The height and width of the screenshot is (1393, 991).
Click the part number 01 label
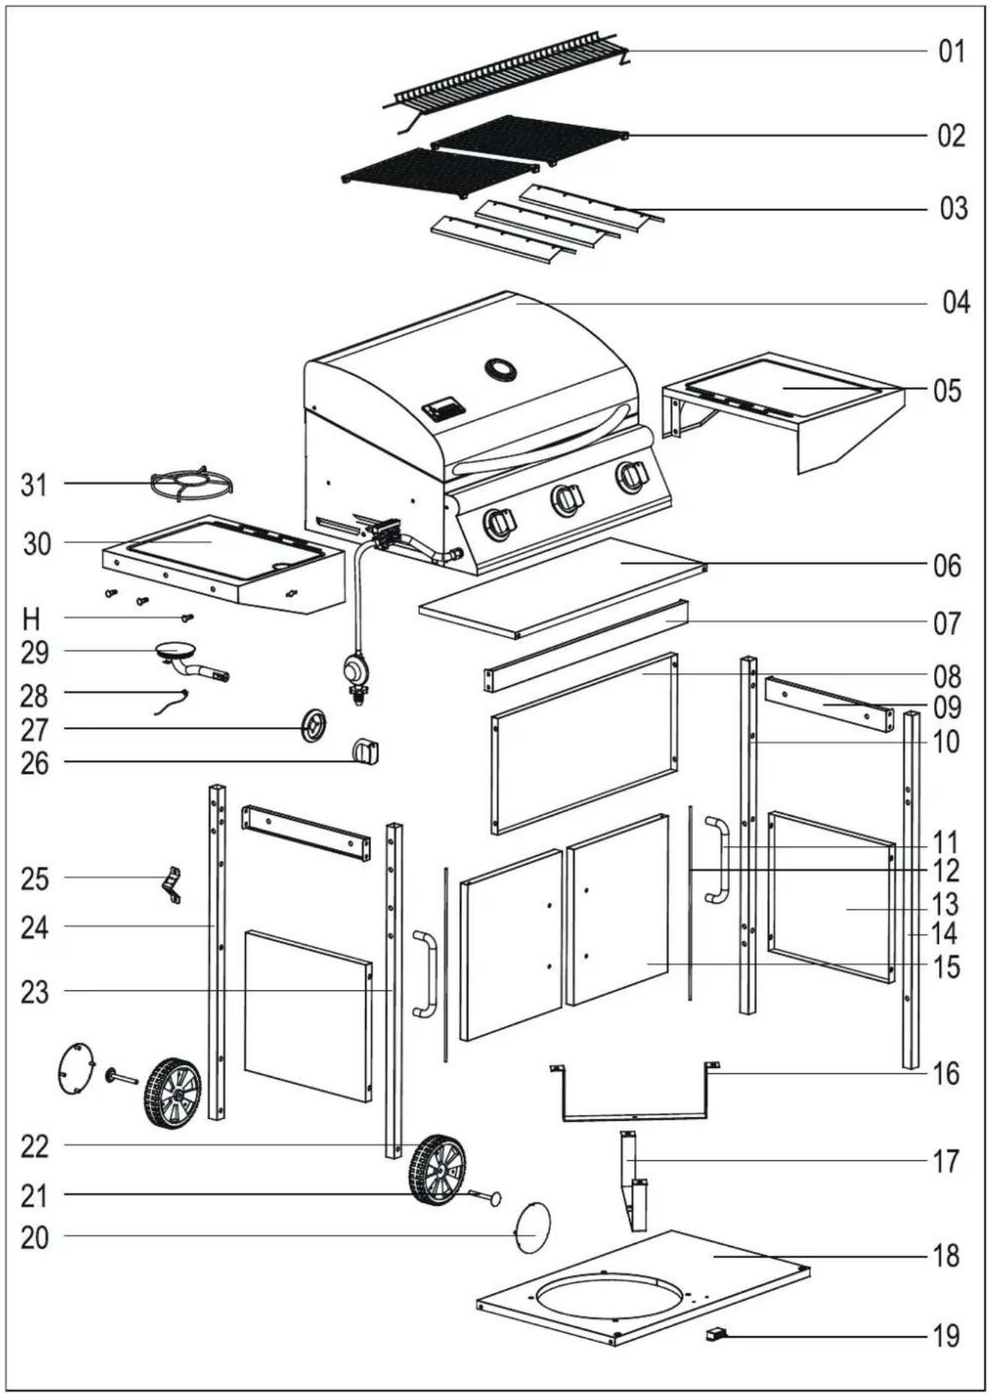click(x=951, y=52)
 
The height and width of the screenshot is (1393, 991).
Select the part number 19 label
click(x=946, y=1335)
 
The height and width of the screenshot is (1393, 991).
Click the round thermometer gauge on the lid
click(x=500, y=369)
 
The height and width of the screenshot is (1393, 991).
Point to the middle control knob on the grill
click(x=566, y=500)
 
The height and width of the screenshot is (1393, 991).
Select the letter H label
click(x=31, y=619)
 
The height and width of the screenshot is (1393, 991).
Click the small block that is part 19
click(x=716, y=1334)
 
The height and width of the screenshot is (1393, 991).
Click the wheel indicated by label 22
click(x=437, y=1171)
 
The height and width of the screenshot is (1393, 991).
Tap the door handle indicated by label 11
click(x=717, y=861)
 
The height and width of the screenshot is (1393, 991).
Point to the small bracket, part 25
click(x=173, y=884)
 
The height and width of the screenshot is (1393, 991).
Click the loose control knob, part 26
click(x=366, y=751)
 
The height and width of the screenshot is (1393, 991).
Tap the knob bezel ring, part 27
click(x=314, y=725)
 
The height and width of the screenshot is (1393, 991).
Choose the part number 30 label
click(x=37, y=544)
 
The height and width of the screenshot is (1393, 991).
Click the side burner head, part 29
click(x=190, y=661)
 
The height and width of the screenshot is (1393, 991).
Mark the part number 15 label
click(x=947, y=967)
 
